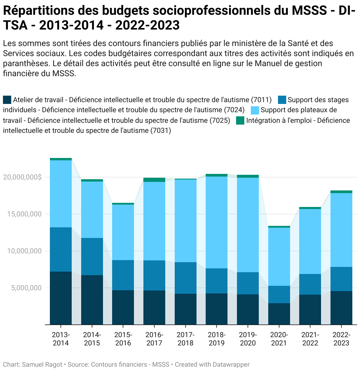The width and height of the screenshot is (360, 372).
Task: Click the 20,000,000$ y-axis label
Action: tap(22, 177)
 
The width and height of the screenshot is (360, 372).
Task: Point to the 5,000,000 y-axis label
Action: tap(27, 288)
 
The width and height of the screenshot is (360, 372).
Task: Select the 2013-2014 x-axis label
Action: tap(61, 339)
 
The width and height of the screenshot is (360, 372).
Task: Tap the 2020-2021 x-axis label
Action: tap(279, 339)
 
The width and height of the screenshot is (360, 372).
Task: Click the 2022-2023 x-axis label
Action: tap(341, 339)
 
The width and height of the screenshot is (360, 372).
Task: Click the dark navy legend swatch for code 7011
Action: tap(7, 100)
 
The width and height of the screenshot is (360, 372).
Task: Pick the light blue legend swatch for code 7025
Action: tap(255, 110)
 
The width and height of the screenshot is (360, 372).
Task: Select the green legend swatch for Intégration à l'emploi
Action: tap(240, 120)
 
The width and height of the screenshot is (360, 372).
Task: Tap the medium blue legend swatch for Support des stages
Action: tap(282, 100)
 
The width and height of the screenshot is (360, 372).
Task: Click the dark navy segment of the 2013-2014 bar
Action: tap(61, 298)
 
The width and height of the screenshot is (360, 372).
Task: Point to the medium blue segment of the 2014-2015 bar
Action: tap(92, 257)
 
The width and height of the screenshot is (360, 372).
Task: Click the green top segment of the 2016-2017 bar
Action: tap(154, 180)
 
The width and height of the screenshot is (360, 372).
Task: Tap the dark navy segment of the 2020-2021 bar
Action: tap(279, 314)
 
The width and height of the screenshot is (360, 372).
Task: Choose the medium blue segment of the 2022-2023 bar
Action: tap(341, 279)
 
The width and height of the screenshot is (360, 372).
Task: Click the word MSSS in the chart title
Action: tap(309, 11)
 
